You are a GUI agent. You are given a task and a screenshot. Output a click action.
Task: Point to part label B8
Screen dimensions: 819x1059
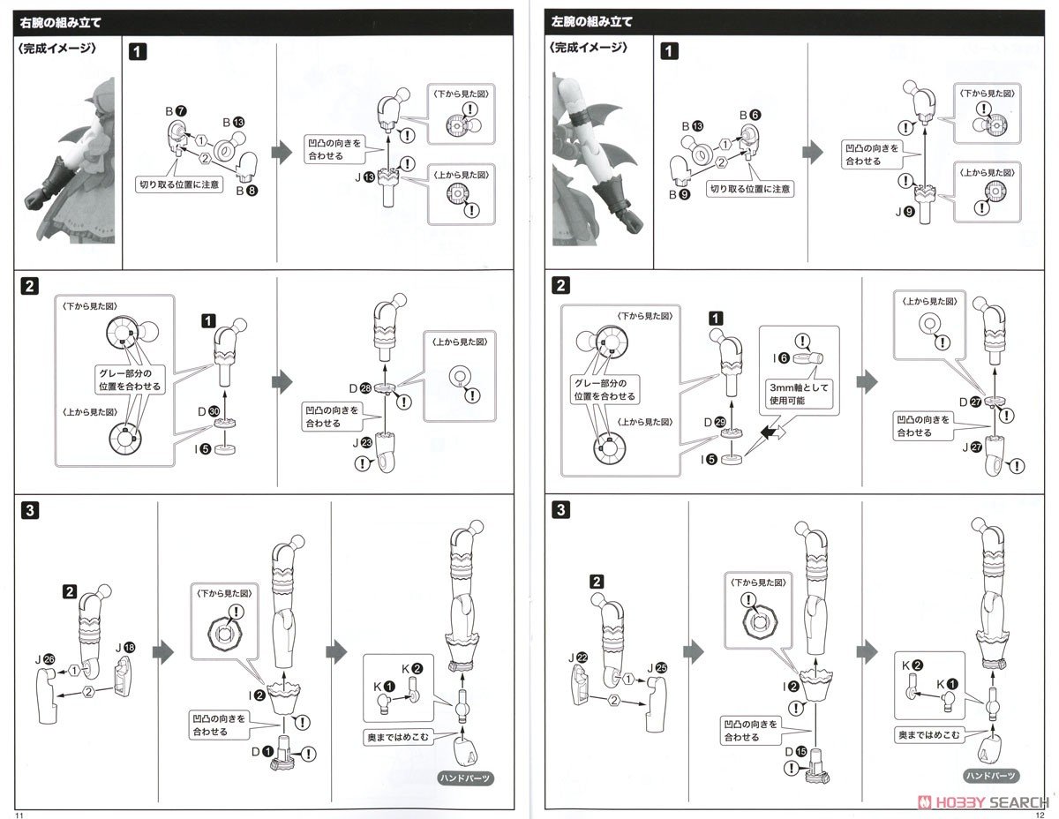point(248,188)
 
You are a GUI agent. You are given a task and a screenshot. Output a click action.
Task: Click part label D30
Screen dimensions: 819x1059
point(207,412)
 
